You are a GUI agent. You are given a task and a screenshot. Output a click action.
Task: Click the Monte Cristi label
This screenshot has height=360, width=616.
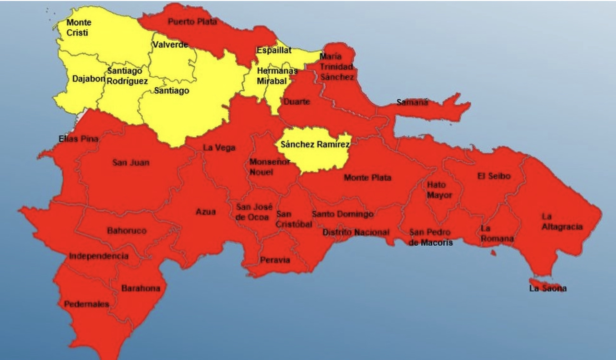(79, 28)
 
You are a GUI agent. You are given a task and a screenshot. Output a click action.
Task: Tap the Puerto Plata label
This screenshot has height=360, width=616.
(192, 22)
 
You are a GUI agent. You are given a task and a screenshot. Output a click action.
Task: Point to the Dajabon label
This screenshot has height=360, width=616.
(88, 79)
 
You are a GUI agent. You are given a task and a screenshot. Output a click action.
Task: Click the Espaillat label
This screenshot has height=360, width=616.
(274, 50)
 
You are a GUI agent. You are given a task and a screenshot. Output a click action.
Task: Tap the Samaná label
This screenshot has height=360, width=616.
(412, 102)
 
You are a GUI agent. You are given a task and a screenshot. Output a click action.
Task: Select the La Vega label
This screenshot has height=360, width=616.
(219, 148)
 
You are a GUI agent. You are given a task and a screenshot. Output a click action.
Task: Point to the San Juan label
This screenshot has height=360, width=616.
(130, 163)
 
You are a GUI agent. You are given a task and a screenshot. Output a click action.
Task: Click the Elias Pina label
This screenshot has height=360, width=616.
(79, 139)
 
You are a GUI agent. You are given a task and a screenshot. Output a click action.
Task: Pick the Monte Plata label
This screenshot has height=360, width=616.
(367, 178)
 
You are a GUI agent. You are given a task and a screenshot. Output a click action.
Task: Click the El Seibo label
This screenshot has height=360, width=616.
(494, 176)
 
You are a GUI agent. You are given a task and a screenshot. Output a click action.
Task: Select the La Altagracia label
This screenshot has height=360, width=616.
(562, 222)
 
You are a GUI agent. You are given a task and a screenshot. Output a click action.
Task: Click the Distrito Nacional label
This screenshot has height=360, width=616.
(355, 232)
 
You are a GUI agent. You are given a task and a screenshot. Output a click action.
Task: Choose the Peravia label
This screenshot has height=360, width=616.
(275, 260)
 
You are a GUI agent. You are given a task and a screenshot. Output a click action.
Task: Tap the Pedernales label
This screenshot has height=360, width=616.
(86, 304)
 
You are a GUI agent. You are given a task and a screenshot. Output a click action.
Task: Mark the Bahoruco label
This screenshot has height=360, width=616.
(127, 231)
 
